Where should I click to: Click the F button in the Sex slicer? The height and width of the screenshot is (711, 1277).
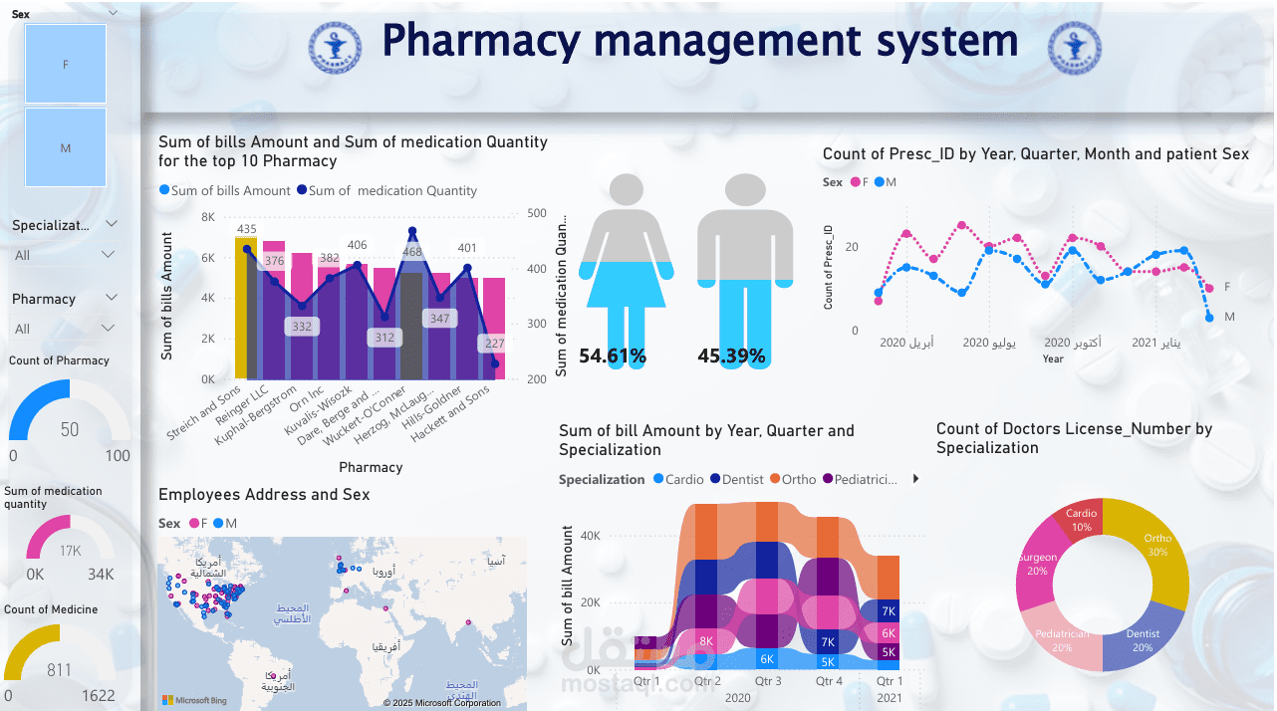pyautogui.click(x=66, y=64)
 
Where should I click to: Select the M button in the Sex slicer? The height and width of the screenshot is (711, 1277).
pyautogui.click(x=66, y=147)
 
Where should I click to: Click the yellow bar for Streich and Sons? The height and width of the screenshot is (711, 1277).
pyautogui.click(x=246, y=309)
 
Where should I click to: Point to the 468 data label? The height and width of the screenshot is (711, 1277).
pyautogui.click(x=411, y=252)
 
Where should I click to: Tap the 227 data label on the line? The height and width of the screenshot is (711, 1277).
pyautogui.click(x=495, y=344)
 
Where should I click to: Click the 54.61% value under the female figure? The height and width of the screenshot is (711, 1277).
pyautogui.click(x=613, y=355)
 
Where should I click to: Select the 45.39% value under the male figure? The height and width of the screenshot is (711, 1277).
pyautogui.click(x=731, y=355)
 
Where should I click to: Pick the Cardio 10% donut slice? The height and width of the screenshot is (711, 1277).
pyautogui.click(x=1081, y=520)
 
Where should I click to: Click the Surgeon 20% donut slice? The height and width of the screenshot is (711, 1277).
pyautogui.click(x=1036, y=565)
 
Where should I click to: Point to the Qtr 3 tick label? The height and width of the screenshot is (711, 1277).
pyautogui.click(x=768, y=681)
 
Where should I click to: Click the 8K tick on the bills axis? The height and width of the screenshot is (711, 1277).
pyautogui.click(x=208, y=217)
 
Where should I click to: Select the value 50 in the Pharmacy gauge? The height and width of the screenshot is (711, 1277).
pyautogui.click(x=70, y=430)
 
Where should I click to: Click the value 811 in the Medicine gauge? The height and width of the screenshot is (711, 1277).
pyautogui.click(x=60, y=670)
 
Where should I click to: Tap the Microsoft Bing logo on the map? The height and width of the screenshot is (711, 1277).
pyautogui.click(x=194, y=701)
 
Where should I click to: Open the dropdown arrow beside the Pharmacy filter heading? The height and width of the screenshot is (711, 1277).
pyautogui.click(x=111, y=298)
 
